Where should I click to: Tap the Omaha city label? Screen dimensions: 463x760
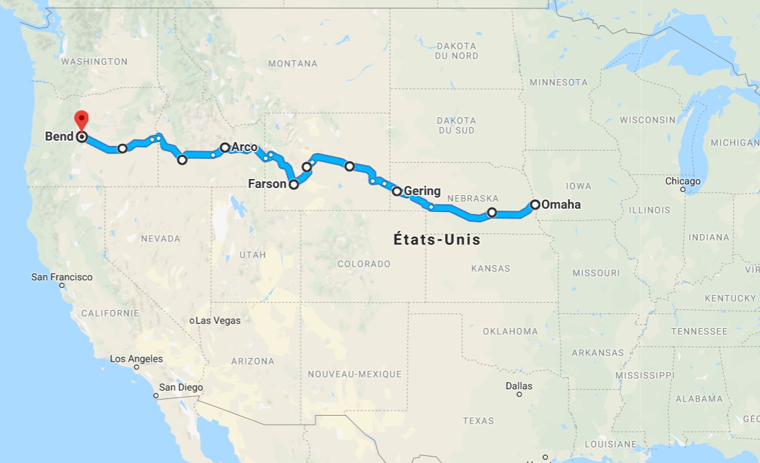click(561, 205)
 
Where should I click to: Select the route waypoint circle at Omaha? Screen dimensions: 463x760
click(536, 205)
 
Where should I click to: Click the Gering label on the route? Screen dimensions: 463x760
click(422, 191)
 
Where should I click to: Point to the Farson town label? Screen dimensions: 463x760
click(267, 184)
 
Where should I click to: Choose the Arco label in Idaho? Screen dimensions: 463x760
click(244, 147)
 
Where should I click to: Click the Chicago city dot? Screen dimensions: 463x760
click(683, 190)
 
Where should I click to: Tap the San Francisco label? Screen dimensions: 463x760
click(62, 277)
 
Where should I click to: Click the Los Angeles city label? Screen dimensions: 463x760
click(136, 359)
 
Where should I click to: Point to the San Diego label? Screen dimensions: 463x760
click(181, 388)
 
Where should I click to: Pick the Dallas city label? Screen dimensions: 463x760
click(519, 386)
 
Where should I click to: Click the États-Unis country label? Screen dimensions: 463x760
click(437, 240)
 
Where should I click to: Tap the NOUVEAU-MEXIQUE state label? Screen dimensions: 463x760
click(354, 374)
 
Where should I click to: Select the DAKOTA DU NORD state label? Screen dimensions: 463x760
click(457, 51)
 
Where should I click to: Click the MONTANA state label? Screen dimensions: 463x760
click(292, 64)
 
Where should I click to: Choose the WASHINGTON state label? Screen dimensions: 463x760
click(94, 62)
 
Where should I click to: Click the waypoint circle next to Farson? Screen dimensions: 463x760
click(294, 184)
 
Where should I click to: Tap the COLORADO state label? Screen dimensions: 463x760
click(364, 264)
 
